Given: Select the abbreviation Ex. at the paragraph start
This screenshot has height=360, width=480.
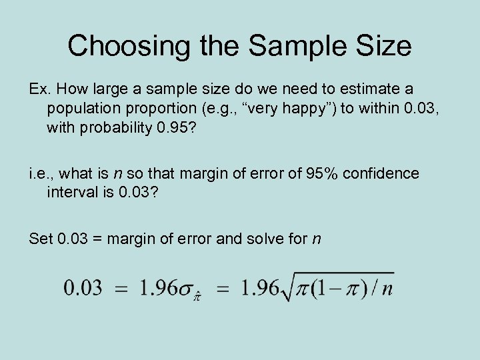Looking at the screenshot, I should [41, 89].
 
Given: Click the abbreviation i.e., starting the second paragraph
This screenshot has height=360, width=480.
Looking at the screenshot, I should [42, 174].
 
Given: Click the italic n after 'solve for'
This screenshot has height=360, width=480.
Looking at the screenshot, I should [315, 239].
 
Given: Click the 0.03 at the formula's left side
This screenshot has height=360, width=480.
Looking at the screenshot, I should [83, 289].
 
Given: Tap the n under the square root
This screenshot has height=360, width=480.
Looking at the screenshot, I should [387, 289].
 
